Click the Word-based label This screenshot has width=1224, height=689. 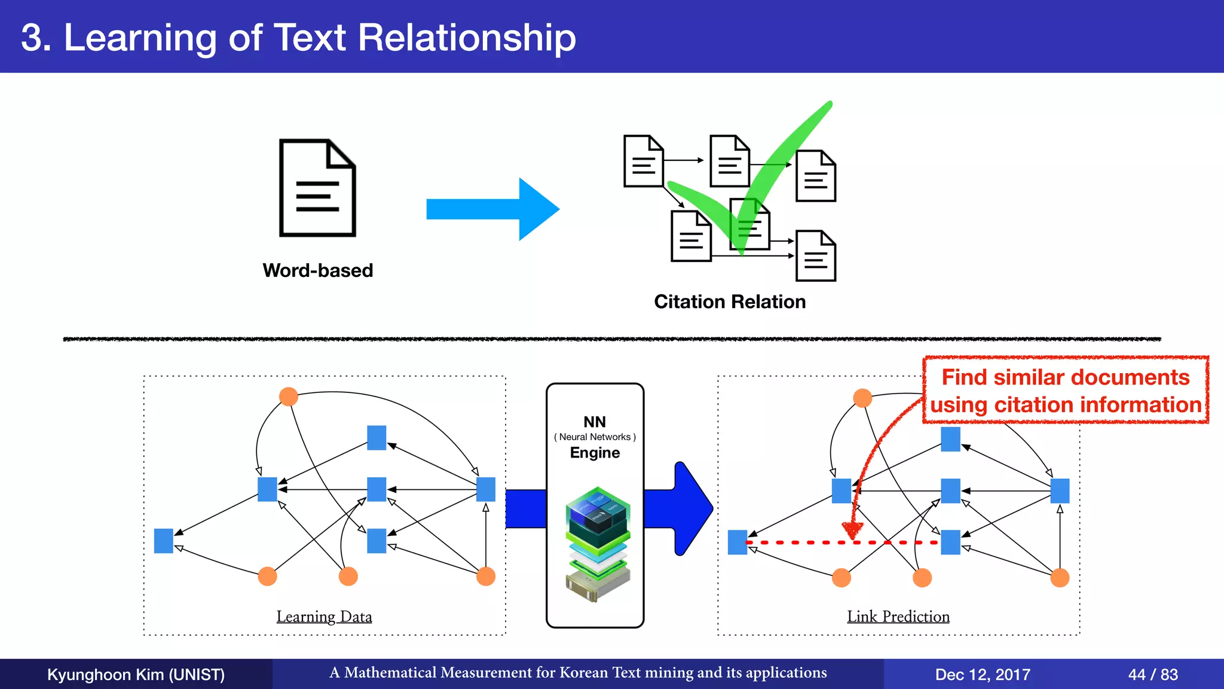tap(317, 270)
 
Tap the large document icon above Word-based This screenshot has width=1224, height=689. tap(317, 188)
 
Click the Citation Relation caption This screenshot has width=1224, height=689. tap(729, 301)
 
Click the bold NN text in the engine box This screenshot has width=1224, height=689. tap(595, 422)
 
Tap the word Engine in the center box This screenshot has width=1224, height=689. tap(595, 453)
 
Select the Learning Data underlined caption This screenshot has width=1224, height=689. tap(324, 616)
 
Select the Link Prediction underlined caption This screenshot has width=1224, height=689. tap(898, 616)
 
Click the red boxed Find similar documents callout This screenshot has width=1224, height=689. tap(1066, 391)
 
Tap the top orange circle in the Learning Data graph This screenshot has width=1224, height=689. tap(289, 397)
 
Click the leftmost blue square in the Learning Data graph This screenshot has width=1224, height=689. tap(163, 541)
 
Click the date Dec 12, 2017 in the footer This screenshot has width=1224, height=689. tap(982, 675)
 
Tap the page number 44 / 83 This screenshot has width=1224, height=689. tap(1152, 675)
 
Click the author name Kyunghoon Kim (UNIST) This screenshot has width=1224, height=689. tap(136, 675)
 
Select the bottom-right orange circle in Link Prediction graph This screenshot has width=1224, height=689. tap(1059, 578)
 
